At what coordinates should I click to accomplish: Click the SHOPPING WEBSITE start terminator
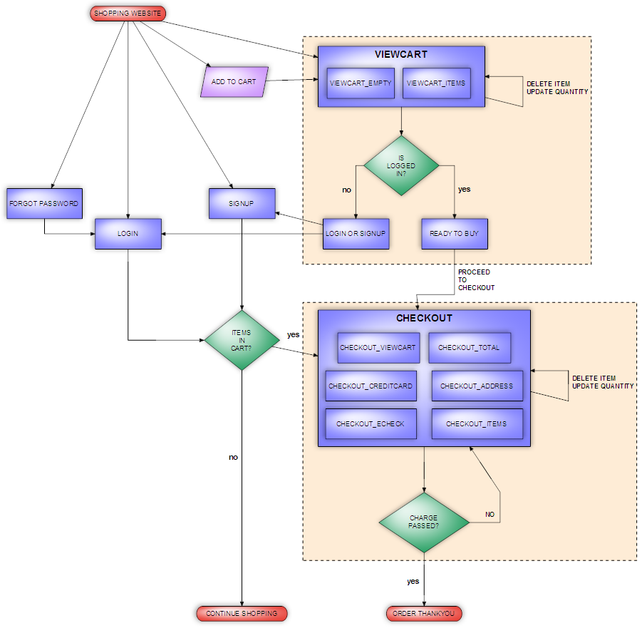click(128, 13)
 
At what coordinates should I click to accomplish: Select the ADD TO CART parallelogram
click(234, 82)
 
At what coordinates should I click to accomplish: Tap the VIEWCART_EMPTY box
click(361, 83)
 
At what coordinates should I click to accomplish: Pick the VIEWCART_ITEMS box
click(435, 83)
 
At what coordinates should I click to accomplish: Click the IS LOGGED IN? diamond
click(400, 165)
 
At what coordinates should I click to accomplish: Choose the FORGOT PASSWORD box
click(44, 203)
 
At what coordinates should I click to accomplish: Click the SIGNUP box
click(242, 203)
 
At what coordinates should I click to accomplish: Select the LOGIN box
click(128, 234)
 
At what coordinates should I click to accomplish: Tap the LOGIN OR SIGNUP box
click(356, 234)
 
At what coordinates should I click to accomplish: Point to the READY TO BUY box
click(454, 234)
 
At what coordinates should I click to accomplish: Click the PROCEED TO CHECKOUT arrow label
click(474, 279)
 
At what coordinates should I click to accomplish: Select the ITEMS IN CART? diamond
click(242, 340)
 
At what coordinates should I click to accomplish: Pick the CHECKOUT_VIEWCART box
click(378, 348)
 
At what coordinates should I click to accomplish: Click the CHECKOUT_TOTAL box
click(469, 348)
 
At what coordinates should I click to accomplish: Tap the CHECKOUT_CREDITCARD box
click(371, 386)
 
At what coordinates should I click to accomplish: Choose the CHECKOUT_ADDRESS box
click(477, 386)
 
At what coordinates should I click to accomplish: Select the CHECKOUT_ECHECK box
click(371, 424)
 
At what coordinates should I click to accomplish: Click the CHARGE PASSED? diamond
click(424, 523)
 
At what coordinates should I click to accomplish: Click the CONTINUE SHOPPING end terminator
click(242, 613)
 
